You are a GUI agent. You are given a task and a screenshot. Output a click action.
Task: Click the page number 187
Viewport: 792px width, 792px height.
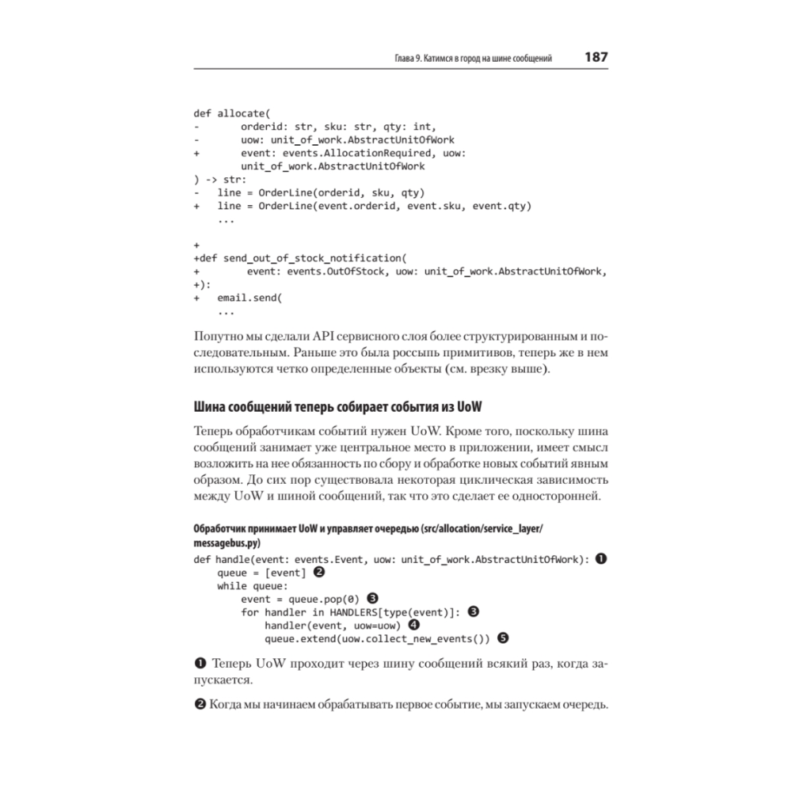pos(596,58)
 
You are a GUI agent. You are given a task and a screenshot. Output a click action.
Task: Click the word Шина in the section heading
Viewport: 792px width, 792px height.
pos(210,406)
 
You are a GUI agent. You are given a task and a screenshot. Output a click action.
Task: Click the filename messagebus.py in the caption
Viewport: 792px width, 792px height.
pos(227,544)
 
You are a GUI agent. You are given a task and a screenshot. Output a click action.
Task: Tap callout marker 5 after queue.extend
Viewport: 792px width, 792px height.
pos(501,638)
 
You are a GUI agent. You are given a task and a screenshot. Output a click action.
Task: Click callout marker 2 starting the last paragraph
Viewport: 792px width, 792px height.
pos(200,705)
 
